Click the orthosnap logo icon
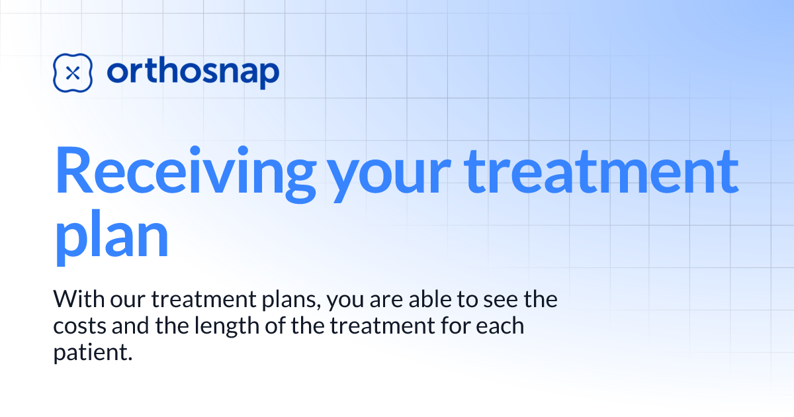73,73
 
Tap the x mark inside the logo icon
73,73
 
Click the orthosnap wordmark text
193,73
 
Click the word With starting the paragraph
77,300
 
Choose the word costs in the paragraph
75,327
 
